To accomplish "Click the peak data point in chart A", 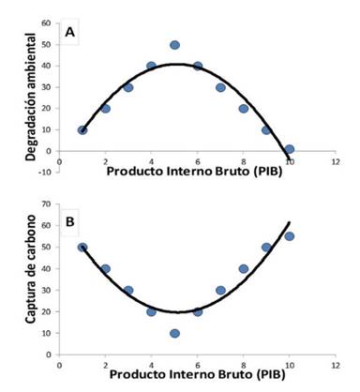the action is coord(174,45).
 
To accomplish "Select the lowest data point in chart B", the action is coord(174,333).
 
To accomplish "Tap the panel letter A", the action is coord(69,32).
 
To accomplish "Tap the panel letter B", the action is coord(69,221).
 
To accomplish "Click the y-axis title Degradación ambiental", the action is coord(31,97).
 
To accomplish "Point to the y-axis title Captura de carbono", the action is coord(31,269).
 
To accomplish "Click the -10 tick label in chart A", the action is coord(45,173).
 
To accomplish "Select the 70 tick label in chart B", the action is coord(46,204).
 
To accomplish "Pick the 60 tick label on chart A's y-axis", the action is coord(46,23).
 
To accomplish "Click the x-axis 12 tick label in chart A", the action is coord(336,161).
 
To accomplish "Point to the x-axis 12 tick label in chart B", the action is coord(336,365).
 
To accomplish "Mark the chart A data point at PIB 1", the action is coord(82,130).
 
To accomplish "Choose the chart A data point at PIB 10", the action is coord(290,149).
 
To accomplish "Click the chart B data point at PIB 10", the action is coord(290,236).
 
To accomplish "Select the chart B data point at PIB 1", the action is coord(82,248).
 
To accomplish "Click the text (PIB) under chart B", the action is coord(270,374).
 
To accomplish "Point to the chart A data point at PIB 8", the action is coord(244,109).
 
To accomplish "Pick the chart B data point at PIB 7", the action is coord(220,291).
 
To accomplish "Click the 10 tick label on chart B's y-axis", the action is coord(46,333).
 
